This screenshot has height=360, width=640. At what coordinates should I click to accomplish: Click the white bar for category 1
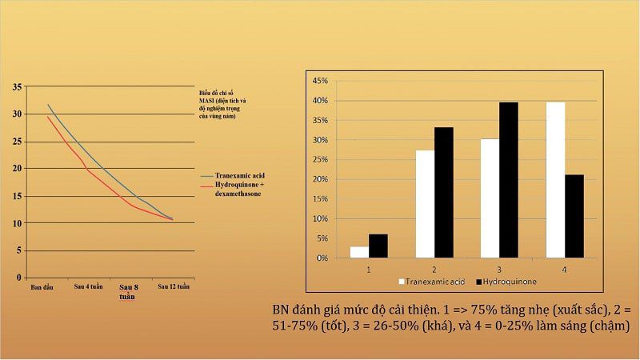359,252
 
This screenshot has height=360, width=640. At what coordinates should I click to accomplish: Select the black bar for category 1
378,246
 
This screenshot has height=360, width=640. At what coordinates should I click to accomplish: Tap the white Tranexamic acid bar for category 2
424,204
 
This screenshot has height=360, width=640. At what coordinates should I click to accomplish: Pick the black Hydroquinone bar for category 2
443,192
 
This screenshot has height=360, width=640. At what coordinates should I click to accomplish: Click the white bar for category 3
490,198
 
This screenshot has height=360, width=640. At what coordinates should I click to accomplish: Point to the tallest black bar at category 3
509,180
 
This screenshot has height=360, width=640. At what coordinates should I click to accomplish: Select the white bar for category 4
555,180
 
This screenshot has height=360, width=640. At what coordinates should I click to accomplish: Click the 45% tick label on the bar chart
320,82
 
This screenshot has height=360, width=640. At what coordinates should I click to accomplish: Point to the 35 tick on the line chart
18,86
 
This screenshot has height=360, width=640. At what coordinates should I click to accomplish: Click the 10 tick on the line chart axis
18,223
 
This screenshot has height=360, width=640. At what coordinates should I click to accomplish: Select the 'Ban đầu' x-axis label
42,286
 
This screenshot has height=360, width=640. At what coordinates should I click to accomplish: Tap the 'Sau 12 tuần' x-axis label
174,286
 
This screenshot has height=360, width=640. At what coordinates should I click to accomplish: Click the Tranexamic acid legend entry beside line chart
245,174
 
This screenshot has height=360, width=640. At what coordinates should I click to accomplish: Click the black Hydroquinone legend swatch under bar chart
479,282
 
